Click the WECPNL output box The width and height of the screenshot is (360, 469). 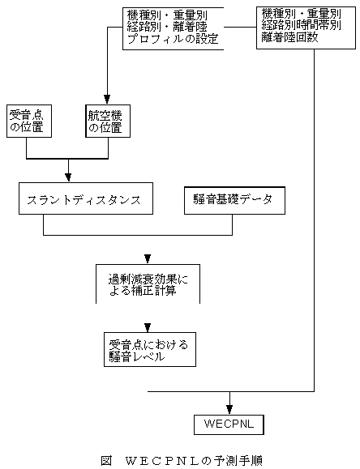click(229, 424)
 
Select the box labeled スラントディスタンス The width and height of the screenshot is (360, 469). click(86, 198)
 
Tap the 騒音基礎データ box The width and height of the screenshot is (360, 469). click(234, 200)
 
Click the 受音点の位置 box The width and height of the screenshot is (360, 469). click(29, 122)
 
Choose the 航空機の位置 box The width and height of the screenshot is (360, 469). click(108, 122)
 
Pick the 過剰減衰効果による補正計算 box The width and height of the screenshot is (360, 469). click(148, 284)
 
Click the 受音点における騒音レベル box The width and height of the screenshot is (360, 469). click(150, 349)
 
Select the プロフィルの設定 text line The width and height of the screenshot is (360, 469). click(173, 39)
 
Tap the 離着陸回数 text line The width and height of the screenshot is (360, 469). click(289, 37)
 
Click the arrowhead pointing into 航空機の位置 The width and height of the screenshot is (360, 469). click(107, 99)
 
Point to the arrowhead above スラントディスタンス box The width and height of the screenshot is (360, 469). click(68, 177)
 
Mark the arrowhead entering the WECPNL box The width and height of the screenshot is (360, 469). click(229, 409)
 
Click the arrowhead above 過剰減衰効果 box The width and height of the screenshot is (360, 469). click(148, 258)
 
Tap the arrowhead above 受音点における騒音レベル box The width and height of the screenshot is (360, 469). click(148, 327)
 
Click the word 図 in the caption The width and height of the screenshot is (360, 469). click(106, 461)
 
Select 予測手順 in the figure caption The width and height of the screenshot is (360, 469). click(238, 461)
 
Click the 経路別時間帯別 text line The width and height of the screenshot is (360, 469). click(301, 25)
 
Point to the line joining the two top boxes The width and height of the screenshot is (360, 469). click(240, 27)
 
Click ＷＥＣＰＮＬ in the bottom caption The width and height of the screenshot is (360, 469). click(162, 461)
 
